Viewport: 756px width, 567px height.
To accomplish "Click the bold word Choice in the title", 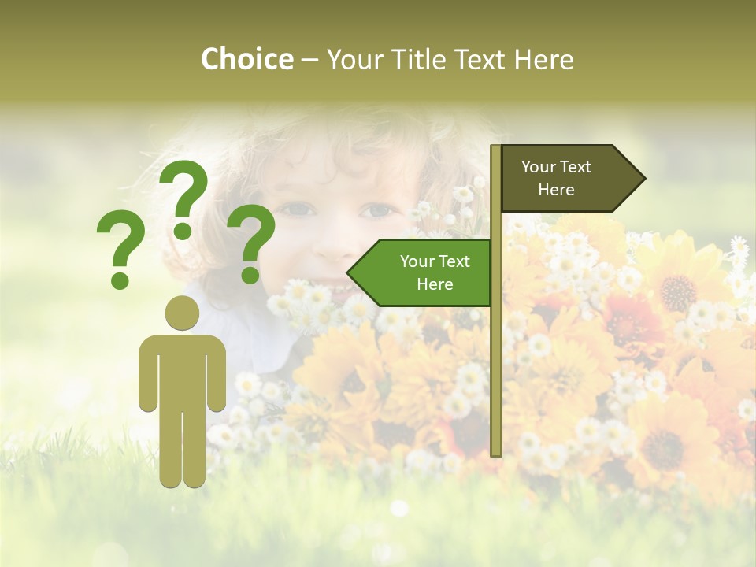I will point(246,59).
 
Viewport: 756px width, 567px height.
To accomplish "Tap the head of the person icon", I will point(182,313).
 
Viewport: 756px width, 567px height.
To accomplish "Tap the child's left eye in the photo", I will point(295,209).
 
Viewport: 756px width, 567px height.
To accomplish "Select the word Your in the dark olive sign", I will point(539,167).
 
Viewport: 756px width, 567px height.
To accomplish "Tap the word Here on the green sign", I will point(435,284).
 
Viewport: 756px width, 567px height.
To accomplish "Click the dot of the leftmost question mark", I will point(120,280).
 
